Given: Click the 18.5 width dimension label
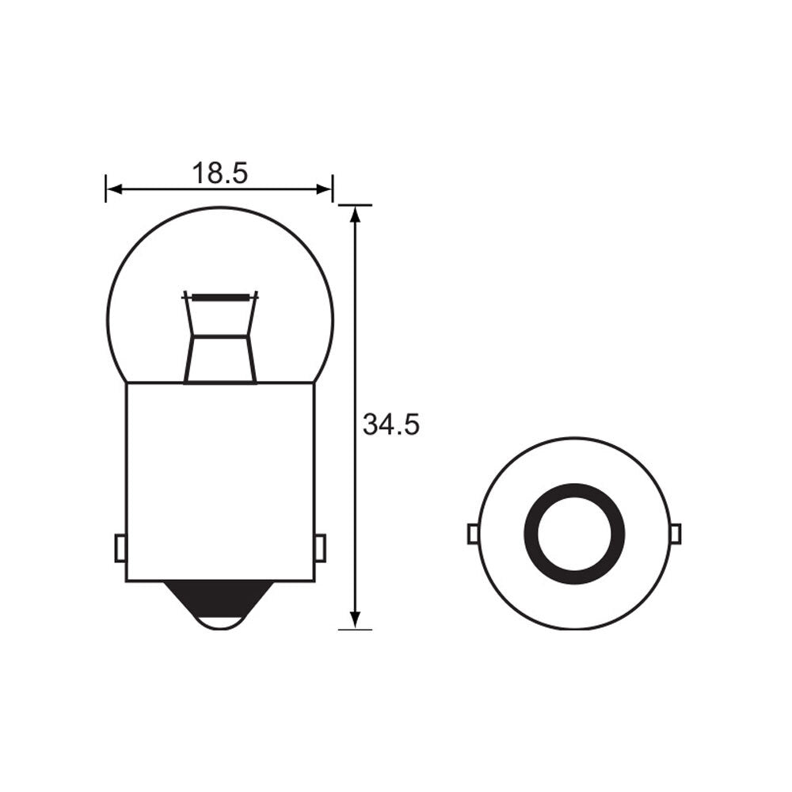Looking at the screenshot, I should (219, 172).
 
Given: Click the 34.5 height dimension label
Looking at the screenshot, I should (390, 425).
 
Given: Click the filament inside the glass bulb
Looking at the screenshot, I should (221, 296).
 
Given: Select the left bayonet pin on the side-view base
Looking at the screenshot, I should (120, 547).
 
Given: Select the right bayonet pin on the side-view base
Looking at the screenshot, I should (320, 547).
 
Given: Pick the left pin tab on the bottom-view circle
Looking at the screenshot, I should (472, 534).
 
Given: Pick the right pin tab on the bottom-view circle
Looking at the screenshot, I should (676, 534).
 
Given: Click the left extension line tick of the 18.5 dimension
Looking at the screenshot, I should (105, 188).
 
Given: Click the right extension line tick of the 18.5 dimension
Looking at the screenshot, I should (333, 188).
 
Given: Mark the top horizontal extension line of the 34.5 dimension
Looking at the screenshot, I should (356, 205).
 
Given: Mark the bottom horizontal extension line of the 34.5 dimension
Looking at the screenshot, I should (356, 629).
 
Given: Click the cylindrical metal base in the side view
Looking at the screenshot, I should (220, 475).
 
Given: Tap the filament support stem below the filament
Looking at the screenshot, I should (220, 356).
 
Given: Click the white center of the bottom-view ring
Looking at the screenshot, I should (574, 533).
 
